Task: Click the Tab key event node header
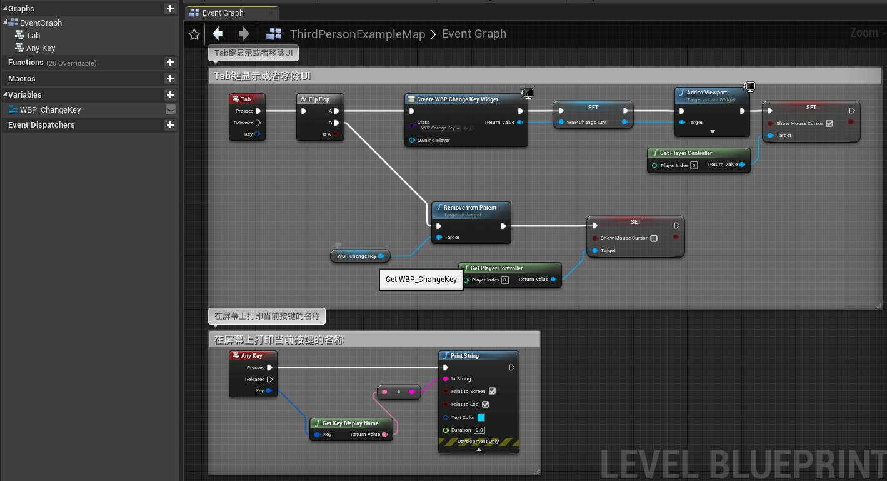tap(247, 99)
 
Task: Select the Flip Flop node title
tap(319, 99)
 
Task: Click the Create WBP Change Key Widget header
tap(458, 99)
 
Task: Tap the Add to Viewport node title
tap(706, 93)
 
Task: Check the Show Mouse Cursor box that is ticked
tap(829, 123)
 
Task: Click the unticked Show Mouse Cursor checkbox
tap(654, 238)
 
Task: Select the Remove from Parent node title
tap(470, 208)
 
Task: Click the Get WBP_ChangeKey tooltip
tap(421, 280)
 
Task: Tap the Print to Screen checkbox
tap(492, 391)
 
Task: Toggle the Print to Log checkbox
tap(486, 404)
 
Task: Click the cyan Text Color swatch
tap(481, 417)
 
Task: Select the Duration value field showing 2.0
tap(479, 430)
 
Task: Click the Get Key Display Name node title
tap(350, 423)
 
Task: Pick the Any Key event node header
tap(252, 356)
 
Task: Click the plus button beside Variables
tap(170, 95)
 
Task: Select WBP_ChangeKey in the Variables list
tap(50, 109)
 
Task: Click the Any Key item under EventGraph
tap(41, 48)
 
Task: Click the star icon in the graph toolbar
tap(194, 34)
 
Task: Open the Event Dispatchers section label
tap(41, 125)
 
